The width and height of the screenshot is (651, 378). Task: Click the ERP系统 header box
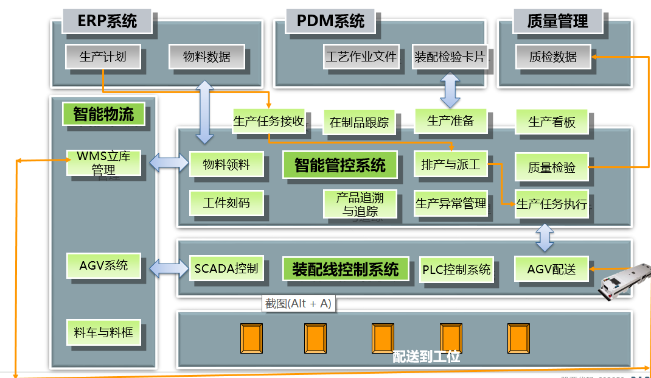(107, 21)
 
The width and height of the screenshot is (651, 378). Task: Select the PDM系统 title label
(330, 21)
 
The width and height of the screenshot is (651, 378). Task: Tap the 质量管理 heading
(558, 21)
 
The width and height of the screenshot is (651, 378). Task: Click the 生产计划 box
(103, 57)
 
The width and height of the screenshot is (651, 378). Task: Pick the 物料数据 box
(207, 57)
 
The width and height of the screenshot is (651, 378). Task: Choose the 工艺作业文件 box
(361, 57)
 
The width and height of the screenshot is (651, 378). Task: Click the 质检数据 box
(553, 57)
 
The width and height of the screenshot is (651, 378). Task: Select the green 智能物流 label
(103, 114)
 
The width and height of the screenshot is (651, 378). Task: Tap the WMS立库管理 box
(103, 163)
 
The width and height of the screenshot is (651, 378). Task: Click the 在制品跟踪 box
(359, 122)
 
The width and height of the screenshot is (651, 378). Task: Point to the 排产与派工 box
(451, 164)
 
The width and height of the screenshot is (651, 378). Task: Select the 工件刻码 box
(226, 203)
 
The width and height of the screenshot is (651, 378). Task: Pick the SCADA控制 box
(226, 268)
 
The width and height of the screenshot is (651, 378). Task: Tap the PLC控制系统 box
(456, 269)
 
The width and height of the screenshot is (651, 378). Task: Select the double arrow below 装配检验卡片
(450, 90)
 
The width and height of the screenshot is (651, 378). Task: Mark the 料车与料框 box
(103, 332)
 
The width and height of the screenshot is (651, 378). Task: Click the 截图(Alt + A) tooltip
(298, 304)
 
